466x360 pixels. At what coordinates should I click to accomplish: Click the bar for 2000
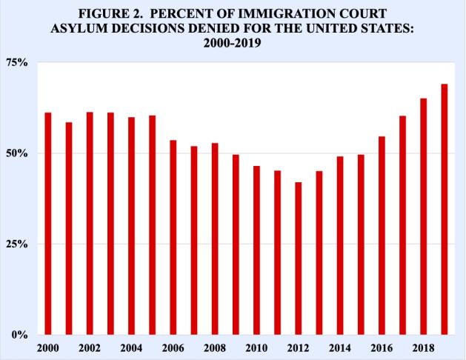point(47,223)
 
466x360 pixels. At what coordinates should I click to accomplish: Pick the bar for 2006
point(173,237)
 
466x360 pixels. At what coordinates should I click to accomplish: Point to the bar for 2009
point(236,244)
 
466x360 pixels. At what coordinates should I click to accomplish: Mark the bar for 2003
point(110,223)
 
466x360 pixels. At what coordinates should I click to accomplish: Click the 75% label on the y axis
point(18,63)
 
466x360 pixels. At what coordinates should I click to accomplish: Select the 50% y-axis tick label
point(18,153)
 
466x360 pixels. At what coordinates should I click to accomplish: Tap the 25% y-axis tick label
point(18,244)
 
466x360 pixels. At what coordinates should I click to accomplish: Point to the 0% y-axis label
point(21,335)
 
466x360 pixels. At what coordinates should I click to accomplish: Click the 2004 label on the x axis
point(131,347)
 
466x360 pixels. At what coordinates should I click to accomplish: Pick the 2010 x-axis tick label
point(256,347)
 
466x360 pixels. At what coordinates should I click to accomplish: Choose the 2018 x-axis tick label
point(424,347)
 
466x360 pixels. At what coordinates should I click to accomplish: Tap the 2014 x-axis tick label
point(340,347)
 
